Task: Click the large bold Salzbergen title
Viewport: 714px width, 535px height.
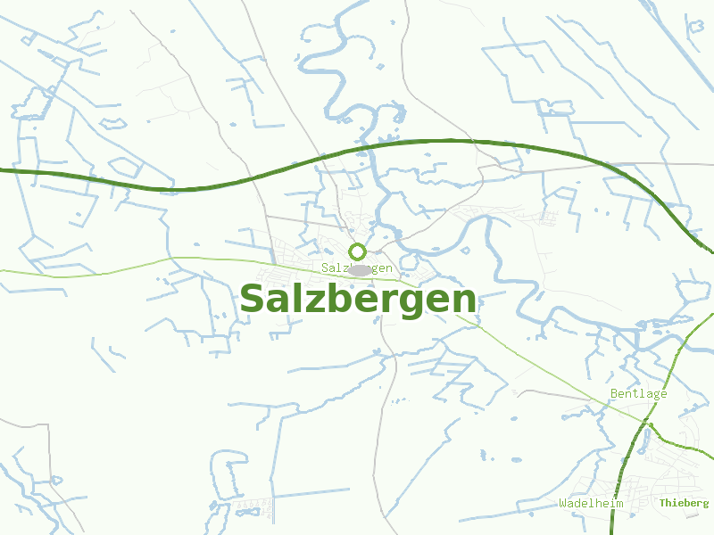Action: (357, 300)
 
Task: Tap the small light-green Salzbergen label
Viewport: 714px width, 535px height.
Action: (357, 268)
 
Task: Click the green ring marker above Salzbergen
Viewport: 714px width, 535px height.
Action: (357, 251)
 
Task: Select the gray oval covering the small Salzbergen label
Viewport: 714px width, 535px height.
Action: (359, 269)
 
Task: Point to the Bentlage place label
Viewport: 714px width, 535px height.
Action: (638, 393)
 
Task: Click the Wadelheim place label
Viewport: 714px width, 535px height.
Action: (591, 504)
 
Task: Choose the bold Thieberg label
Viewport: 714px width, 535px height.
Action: (684, 504)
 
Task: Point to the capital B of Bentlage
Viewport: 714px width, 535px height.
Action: (614, 393)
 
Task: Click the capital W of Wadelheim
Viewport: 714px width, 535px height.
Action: (563, 504)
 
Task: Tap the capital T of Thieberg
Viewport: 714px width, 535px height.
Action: (663, 504)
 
